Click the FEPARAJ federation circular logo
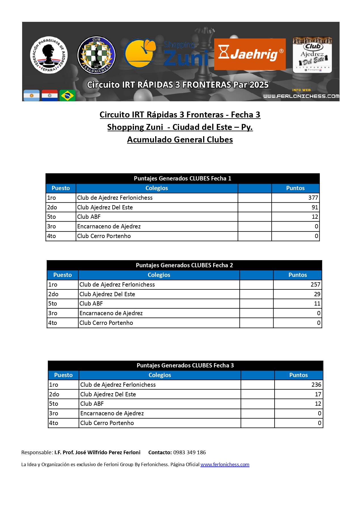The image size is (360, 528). coord(49,55)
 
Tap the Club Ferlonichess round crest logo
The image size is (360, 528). coord(96,55)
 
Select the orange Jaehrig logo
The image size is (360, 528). coord(250,54)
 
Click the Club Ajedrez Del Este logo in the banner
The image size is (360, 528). coord(312,55)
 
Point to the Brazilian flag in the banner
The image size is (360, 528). coord(68,96)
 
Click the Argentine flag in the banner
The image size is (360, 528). coord(31,96)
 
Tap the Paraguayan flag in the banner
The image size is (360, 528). coord(50,96)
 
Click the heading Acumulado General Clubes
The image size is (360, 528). coord(180,140)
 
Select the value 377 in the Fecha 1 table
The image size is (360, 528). coord(313,198)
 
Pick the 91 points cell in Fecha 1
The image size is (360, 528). coord(315,207)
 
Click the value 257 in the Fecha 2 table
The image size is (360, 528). coord(315,285)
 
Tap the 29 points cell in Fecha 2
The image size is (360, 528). coord(317,294)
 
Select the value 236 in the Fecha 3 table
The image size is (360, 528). coord(316,385)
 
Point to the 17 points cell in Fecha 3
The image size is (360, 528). coord(318,394)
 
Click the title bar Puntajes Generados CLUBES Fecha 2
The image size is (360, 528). coord(184,265)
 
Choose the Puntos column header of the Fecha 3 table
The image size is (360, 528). coord(298,375)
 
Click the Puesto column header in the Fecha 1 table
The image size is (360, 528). coord(61,188)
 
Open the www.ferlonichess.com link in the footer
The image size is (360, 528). coord(225,464)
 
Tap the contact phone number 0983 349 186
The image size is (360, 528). coord(190,452)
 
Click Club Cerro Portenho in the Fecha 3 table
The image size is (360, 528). coord(107,423)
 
